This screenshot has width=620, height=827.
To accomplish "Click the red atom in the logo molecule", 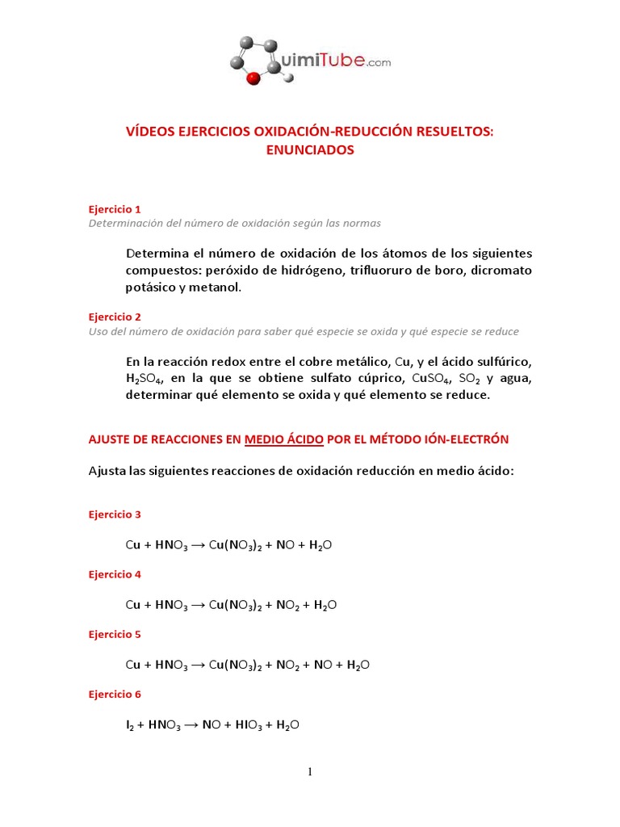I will (x=253, y=78).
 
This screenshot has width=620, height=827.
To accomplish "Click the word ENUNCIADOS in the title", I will (x=310, y=149).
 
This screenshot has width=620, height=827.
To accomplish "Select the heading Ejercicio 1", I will (x=115, y=208).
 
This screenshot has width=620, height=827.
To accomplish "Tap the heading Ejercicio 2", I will (x=115, y=317).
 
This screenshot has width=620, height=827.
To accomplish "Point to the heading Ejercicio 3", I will (x=115, y=514).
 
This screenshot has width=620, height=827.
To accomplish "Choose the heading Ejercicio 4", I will (x=115, y=574).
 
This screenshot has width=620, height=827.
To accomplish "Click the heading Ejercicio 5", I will (x=115, y=634).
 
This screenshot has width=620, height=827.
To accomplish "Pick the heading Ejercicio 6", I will (x=115, y=694).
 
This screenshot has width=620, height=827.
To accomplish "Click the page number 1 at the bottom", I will (x=309, y=772).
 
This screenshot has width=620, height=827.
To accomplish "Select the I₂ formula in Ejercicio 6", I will (x=131, y=725).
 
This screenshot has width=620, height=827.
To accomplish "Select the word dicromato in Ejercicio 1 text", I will (x=501, y=270).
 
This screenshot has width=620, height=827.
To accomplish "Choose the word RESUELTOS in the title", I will (x=451, y=130).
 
